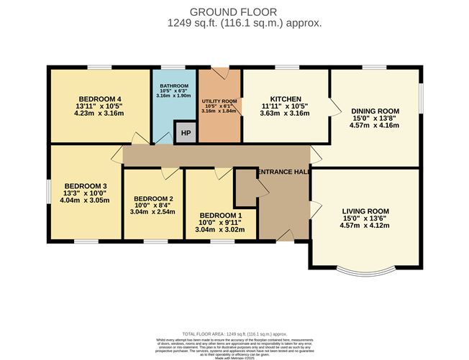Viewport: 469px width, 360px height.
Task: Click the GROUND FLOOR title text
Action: click(x=234, y=11)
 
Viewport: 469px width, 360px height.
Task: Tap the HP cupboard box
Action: click(x=186, y=134)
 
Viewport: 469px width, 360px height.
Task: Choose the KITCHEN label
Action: click(x=285, y=98)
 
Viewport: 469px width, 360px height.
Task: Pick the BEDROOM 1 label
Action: click(x=221, y=216)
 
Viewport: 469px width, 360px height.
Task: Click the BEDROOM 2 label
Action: click(x=153, y=199)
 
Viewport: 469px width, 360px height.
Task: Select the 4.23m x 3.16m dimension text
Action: click(x=100, y=112)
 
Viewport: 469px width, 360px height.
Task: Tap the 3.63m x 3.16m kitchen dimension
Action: click(x=285, y=113)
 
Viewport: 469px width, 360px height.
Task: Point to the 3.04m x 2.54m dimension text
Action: click(x=153, y=213)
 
